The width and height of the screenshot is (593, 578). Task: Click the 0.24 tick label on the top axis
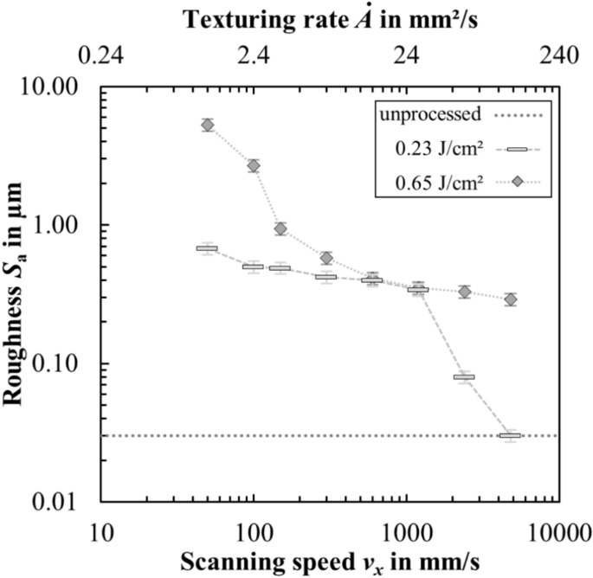click(x=101, y=58)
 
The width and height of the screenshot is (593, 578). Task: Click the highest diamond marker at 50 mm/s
click(x=208, y=125)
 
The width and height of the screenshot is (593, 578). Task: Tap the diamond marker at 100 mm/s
click(x=254, y=165)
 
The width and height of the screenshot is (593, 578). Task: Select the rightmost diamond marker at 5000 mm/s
click(x=511, y=299)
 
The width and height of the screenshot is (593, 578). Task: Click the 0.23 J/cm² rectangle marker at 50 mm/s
click(x=207, y=248)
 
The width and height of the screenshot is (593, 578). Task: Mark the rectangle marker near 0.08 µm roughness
click(x=464, y=377)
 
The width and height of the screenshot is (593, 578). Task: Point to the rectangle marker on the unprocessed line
click(x=510, y=435)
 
